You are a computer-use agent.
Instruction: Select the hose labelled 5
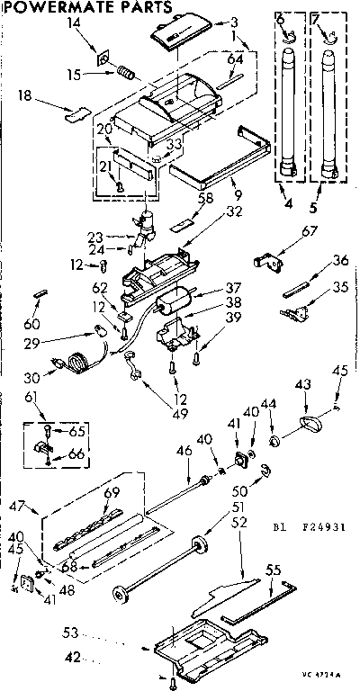point(328,117)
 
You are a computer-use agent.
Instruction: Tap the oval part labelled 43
point(310,422)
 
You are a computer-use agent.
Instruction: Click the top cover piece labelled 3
point(174,35)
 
